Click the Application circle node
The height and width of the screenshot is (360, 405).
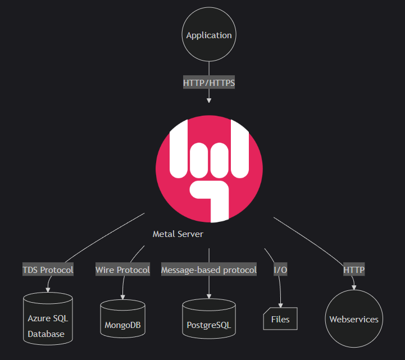pos(209,35)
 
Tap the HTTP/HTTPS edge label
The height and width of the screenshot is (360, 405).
pos(209,83)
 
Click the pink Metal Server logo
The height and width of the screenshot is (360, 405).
pos(209,168)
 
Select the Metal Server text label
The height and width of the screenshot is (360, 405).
pos(178,234)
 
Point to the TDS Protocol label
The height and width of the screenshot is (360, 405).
pos(48,270)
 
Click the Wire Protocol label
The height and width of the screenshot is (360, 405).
pos(122,270)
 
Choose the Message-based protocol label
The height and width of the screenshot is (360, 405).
pos(209,270)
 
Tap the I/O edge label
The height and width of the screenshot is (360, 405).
pos(280,270)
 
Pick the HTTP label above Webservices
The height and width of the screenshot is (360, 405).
pos(354,270)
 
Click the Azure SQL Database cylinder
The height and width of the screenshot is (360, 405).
pos(48,319)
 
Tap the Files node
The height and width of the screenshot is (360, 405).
pos(280,319)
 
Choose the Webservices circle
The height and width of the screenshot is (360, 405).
pos(354,319)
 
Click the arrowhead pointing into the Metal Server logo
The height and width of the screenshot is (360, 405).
pos(209,100)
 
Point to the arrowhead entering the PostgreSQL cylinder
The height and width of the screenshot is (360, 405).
pos(209,296)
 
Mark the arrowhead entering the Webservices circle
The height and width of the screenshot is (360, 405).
pos(353,288)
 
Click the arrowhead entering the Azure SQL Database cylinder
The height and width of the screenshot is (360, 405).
pos(48,290)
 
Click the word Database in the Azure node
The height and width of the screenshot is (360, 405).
pos(46,334)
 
